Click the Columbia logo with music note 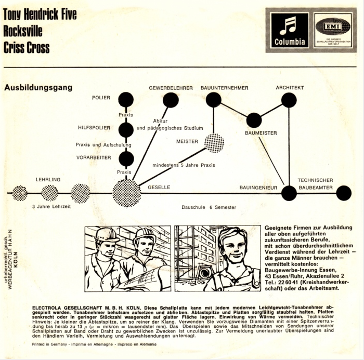(290, 30)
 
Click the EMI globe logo (333, 30)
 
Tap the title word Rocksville (23, 31)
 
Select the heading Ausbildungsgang (38, 88)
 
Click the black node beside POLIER (126, 100)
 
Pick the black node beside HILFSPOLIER (126, 130)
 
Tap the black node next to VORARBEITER (126, 159)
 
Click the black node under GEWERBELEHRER (171, 100)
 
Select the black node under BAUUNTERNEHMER (214, 100)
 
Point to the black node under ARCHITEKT (289, 100)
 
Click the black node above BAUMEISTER (254, 120)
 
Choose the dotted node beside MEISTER (214, 143)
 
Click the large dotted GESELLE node (126, 193)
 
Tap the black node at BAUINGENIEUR (289, 193)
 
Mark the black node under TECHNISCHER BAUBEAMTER (344, 193)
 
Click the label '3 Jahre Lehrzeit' (51, 206)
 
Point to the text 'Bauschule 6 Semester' (209, 207)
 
